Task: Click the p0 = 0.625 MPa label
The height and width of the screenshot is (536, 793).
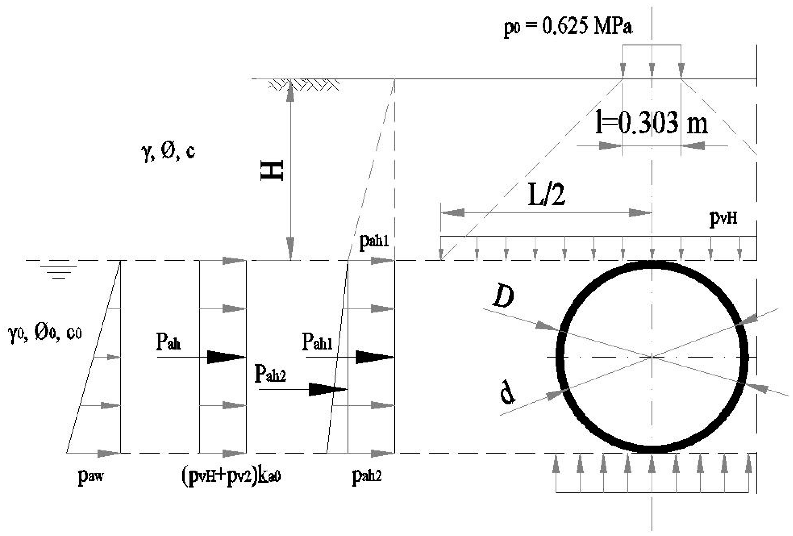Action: pos(568,27)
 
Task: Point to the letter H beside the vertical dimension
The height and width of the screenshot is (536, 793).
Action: pos(272,170)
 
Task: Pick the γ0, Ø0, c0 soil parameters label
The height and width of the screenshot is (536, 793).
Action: pos(45,334)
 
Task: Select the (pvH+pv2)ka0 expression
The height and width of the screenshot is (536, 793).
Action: pos(231,476)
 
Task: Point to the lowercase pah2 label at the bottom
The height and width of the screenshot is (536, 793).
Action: pos(367,475)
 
